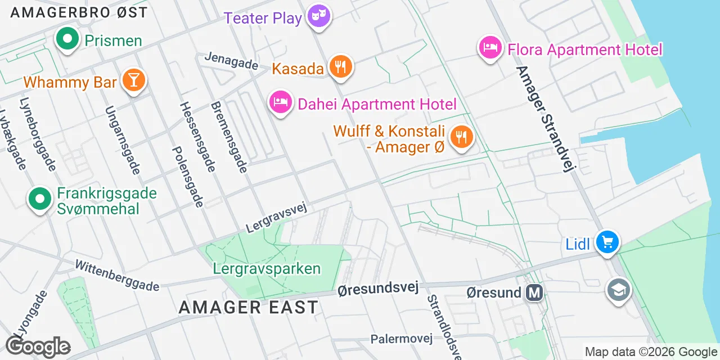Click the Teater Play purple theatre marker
coord(319,16)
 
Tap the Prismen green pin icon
coord(67,39)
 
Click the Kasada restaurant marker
coord(340,67)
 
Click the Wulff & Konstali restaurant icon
coord(461,137)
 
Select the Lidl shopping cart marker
coord(607,242)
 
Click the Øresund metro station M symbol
coord(534,292)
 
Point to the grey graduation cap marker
coord(618,290)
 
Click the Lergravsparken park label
coord(267,268)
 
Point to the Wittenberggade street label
coord(117,276)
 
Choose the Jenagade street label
coord(231,61)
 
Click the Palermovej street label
coord(401,339)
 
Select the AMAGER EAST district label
coord(248,307)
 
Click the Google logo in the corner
coord(38,346)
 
